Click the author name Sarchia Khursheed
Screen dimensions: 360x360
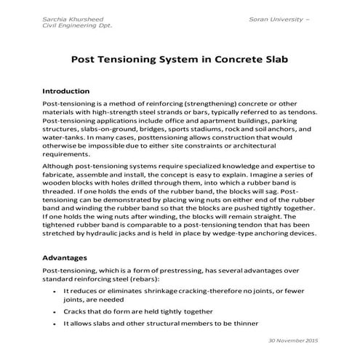70,16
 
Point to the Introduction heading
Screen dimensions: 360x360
67,92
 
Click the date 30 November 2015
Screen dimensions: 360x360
294,341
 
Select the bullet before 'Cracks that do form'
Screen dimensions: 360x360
56,310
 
